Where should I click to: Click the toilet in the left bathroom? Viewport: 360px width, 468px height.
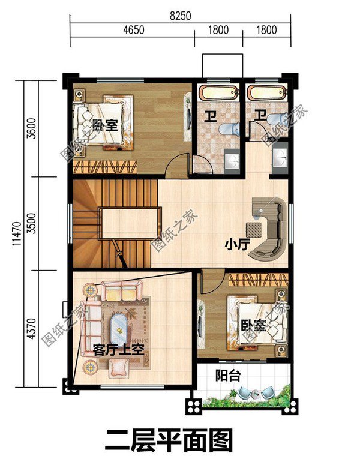click(x=231, y=129)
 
